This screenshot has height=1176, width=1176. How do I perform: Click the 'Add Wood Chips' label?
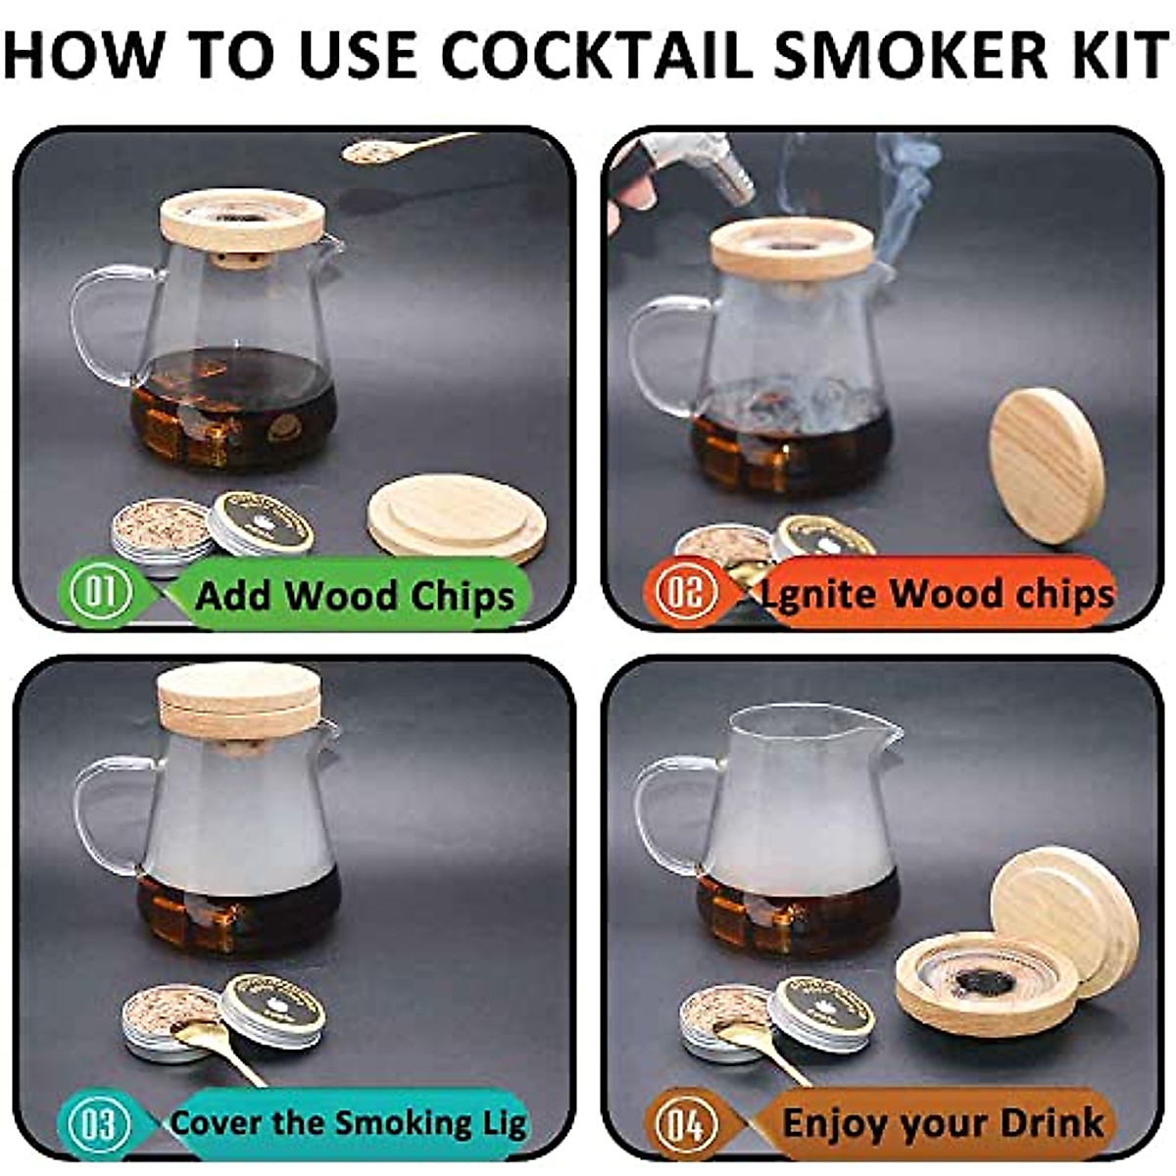tap(355, 595)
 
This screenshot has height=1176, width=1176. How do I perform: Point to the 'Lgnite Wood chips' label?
tap(938, 593)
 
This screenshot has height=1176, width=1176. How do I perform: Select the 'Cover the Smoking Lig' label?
tap(349, 1122)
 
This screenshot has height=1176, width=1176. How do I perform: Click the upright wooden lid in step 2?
tap(1047, 465)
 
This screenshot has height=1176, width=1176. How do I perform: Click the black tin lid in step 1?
tap(262, 522)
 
